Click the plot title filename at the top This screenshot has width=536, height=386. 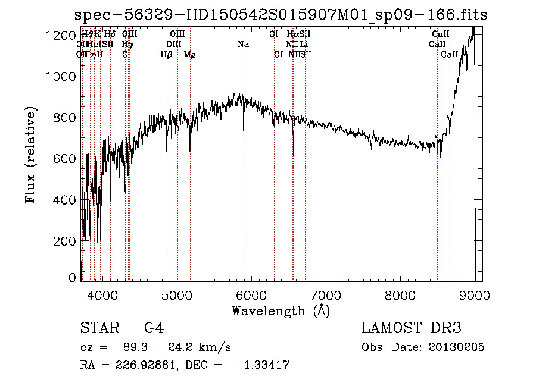281,15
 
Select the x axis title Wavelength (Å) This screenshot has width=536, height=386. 281,310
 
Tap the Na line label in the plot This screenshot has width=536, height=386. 243,45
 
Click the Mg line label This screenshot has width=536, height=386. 189,55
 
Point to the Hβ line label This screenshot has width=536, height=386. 166,55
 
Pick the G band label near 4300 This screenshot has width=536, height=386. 125,55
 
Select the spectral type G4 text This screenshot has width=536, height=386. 154,328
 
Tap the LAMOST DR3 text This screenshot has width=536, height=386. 412,328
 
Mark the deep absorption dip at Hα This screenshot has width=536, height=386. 293,149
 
